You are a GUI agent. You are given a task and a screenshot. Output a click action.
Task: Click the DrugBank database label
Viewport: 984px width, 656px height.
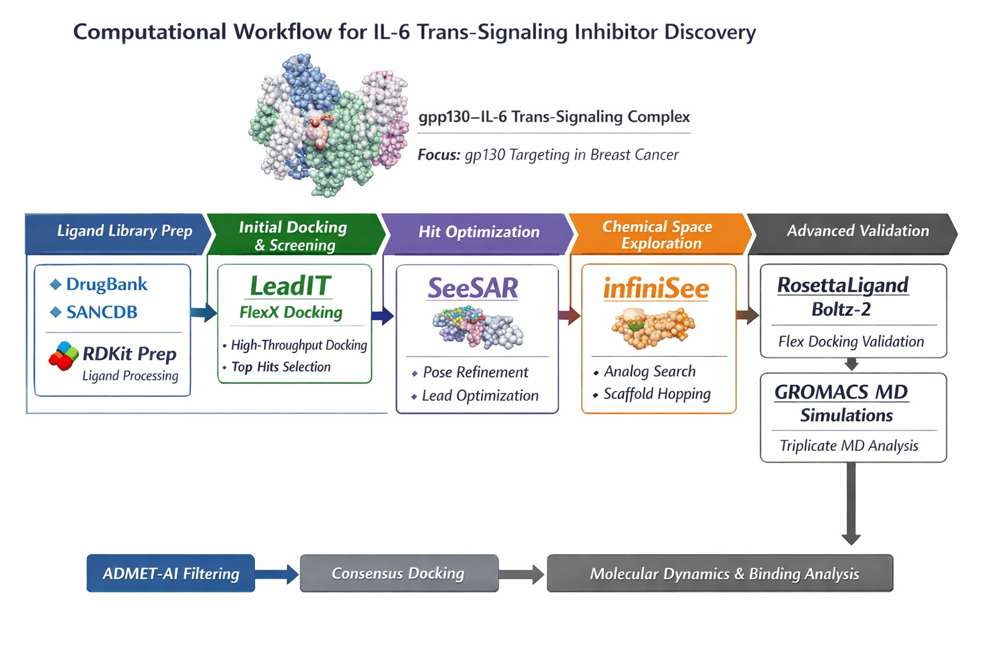[x=106, y=284]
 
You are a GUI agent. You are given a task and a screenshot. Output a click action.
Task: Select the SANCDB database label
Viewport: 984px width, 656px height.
[x=102, y=313]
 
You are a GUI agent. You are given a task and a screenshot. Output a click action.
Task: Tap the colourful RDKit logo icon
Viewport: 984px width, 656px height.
[x=63, y=356]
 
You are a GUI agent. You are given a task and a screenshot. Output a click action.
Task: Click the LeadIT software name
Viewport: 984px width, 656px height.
[x=290, y=286]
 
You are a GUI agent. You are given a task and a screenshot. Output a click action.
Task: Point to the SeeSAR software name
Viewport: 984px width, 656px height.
[x=473, y=288]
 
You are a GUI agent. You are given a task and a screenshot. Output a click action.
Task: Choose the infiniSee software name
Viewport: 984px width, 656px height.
[x=656, y=289]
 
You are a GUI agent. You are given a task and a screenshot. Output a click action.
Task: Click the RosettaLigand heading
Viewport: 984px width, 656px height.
[x=842, y=285]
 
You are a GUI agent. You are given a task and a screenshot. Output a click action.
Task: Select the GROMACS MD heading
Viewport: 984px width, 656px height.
[x=840, y=392]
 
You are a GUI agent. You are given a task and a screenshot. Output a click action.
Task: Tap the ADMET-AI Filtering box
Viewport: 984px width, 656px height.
[x=170, y=573]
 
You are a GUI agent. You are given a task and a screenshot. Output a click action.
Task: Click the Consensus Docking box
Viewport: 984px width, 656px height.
[x=398, y=573]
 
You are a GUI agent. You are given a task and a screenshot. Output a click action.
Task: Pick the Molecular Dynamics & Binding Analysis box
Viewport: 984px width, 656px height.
[x=719, y=573]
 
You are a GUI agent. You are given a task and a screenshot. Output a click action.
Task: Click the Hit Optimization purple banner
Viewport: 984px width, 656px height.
[x=478, y=233]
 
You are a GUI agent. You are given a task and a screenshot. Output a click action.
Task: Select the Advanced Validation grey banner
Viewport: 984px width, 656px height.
[x=857, y=231]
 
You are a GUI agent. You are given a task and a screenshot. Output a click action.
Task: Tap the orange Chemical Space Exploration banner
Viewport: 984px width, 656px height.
[x=659, y=234]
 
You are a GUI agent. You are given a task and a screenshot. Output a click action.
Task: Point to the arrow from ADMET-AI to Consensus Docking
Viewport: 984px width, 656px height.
[x=277, y=573]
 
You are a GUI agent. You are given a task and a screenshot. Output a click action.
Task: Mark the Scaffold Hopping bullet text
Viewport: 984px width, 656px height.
[x=657, y=394]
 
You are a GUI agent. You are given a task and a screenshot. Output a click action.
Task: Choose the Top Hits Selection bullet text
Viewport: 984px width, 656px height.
[x=281, y=367]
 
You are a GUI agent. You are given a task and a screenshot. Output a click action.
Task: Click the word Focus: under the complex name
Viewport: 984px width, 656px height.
[x=439, y=155]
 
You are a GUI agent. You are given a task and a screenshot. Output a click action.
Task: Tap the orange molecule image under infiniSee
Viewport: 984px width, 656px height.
[x=653, y=327]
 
